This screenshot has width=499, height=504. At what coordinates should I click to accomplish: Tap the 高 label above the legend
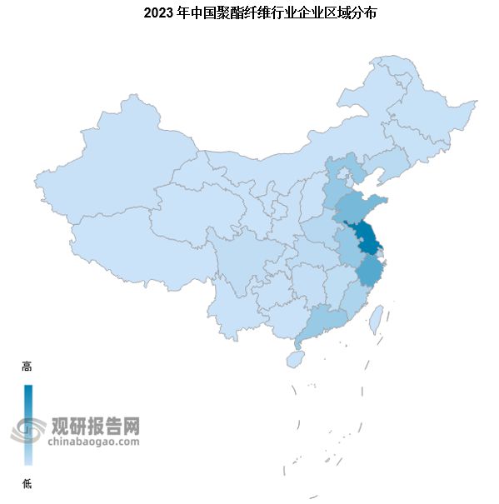(x=27, y=367)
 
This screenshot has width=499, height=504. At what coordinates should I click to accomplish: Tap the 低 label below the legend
(x=27, y=482)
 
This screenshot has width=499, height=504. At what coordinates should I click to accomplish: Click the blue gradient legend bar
(x=28, y=425)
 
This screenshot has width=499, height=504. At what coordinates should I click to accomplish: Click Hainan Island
(x=294, y=358)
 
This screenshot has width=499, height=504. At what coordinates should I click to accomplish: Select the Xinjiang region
(x=108, y=167)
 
